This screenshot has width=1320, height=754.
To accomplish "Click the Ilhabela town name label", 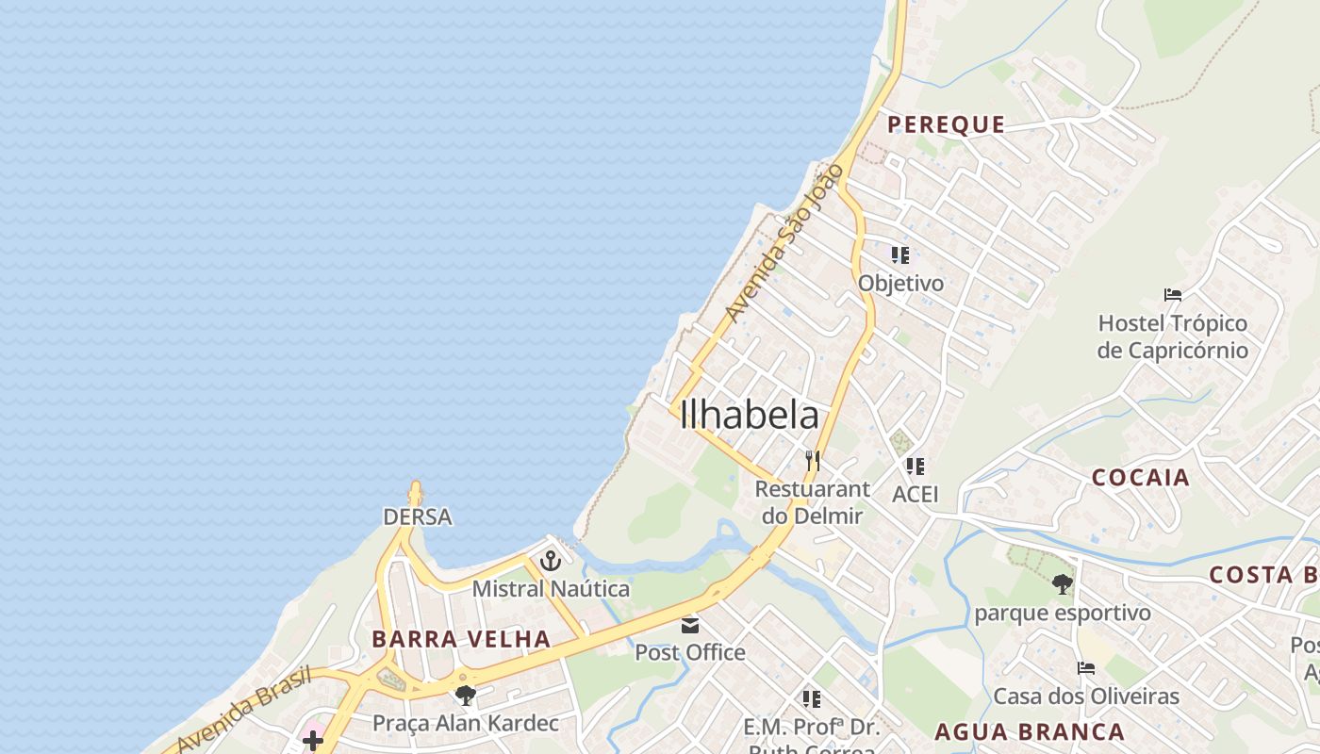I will click(x=749, y=416).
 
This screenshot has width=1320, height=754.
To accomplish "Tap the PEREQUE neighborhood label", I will click(x=946, y=124).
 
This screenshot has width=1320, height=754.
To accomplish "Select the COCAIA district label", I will click(x=1141, y=477).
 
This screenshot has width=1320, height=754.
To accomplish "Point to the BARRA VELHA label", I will click(x=461, y=639).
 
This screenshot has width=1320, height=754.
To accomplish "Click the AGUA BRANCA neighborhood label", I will click(x=1030, y=731).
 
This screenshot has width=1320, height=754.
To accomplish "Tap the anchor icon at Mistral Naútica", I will click(x=550, y=562).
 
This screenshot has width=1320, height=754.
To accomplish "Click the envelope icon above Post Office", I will click(x=690, y=625).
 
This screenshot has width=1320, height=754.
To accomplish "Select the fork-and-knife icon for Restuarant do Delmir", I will click(x=813, y=461).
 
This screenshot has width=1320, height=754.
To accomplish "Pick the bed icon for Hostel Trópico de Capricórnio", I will click(x=1173, y=295).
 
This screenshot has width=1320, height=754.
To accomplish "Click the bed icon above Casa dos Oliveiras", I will click(x=1086, y=668).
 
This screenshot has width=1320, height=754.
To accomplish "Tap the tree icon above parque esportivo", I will click(x=1063, y=584).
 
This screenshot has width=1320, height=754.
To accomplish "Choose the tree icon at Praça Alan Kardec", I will click(x=465, y=696).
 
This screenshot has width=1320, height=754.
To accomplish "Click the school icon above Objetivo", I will click(x=900, y=254).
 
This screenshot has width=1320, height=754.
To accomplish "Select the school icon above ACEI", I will click(x=915, y=466).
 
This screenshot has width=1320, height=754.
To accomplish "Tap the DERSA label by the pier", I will click(x=417, y=516).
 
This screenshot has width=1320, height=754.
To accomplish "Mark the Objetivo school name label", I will click(x=900, y=283).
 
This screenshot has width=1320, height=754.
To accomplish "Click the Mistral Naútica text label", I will click(x=551, y=589).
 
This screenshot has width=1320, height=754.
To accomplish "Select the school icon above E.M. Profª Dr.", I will click(x=811, y=698).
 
